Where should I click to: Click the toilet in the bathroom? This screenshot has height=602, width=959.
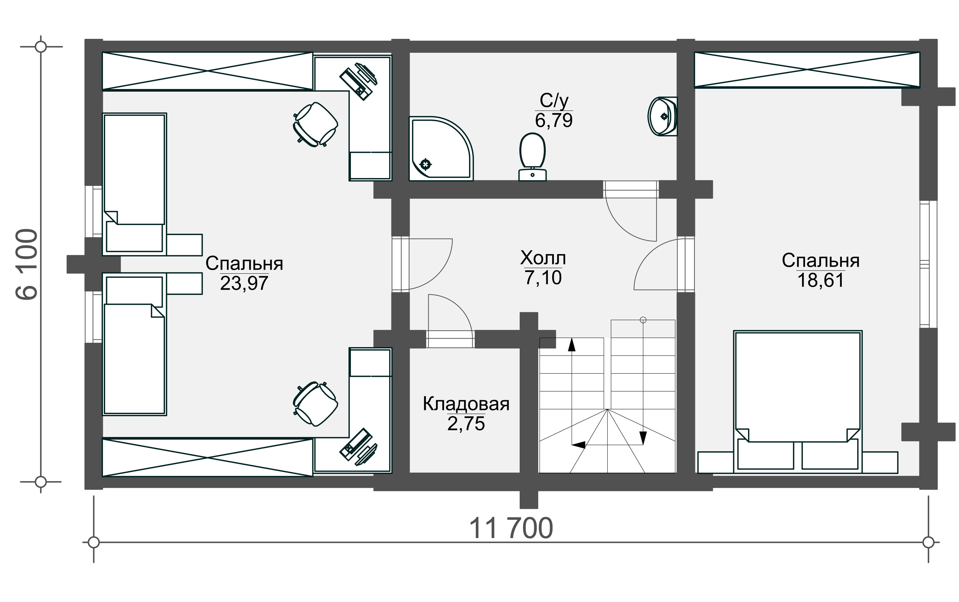pyautogui.click(x=532, y=157)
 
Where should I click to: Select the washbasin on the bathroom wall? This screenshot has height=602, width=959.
pyautogui.click(x=662, y=116)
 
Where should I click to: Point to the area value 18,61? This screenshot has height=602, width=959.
pyautogui.click(x=820, y=280)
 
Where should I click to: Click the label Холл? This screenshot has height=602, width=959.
pyautogui.click(x=543, y=258)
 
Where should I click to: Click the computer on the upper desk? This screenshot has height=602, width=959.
pyautogui.click(x=358, y=81)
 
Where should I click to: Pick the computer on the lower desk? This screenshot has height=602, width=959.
pyautogui.click(x=358, y=447)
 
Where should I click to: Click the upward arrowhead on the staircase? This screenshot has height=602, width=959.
pyautogui.click(x=572, y=345)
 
